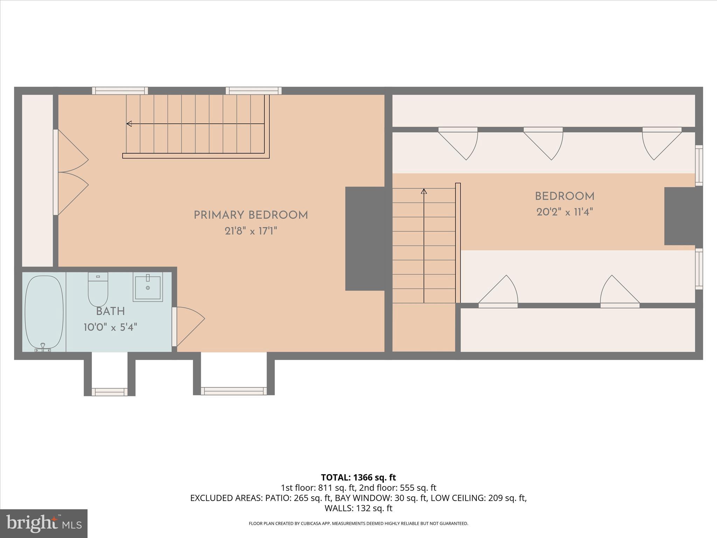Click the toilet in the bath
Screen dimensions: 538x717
point(98,290)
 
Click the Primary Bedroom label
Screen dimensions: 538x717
point(251,215)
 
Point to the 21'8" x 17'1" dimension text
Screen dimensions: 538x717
point(251,231)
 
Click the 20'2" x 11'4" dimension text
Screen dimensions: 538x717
point(564,212)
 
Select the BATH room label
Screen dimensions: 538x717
point(110,311)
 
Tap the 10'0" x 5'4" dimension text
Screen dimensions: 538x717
point(110,327)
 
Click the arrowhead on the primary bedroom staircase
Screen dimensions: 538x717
point(129,124)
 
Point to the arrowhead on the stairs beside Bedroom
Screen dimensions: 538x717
point(424,191)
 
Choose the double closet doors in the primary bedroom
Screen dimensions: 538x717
point(72,172)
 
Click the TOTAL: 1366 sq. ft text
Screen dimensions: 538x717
point(358,477)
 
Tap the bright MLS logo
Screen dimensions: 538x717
point(44,524)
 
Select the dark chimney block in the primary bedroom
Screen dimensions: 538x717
point(365,239)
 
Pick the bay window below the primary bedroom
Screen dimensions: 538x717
point(234,391)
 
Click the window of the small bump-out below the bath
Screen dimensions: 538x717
point(110,392)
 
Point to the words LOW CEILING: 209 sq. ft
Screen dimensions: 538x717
point(478,498)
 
